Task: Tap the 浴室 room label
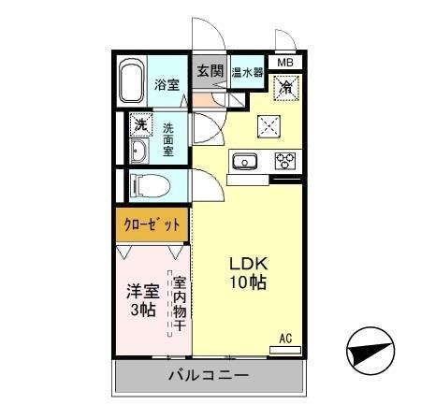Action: point(167,83)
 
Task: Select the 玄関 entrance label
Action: point(210,70)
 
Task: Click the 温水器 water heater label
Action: point(246,70)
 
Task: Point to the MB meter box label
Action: point(284,64)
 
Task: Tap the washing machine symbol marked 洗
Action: point(139,125)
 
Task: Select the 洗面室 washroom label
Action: point(169,139)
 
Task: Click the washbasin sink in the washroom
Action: point(139,152)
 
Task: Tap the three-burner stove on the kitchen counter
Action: point(283,160)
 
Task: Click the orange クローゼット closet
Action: point(152,224)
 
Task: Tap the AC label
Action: point(284,338)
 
